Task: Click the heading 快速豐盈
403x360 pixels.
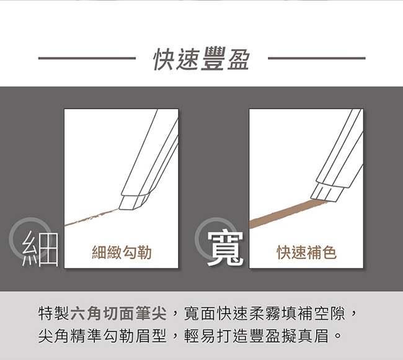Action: (201, 59)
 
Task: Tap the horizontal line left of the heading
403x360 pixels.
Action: (87, 58)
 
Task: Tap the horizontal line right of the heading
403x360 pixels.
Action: (317, 58)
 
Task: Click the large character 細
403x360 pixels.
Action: (40, 248)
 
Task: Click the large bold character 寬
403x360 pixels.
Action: (226, 248)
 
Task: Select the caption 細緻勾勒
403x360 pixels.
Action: (122, 252)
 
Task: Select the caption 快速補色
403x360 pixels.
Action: (307, 252)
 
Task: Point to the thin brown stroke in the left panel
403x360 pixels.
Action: (92, 217)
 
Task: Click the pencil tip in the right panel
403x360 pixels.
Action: (326, 192)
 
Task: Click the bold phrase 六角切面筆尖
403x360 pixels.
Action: (118, 313)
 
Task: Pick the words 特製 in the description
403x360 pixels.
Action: (54, 313)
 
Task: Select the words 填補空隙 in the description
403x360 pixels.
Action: (314, 313)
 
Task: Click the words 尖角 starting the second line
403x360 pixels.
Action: (54, 336)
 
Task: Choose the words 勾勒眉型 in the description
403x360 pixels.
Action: (135, 336)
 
